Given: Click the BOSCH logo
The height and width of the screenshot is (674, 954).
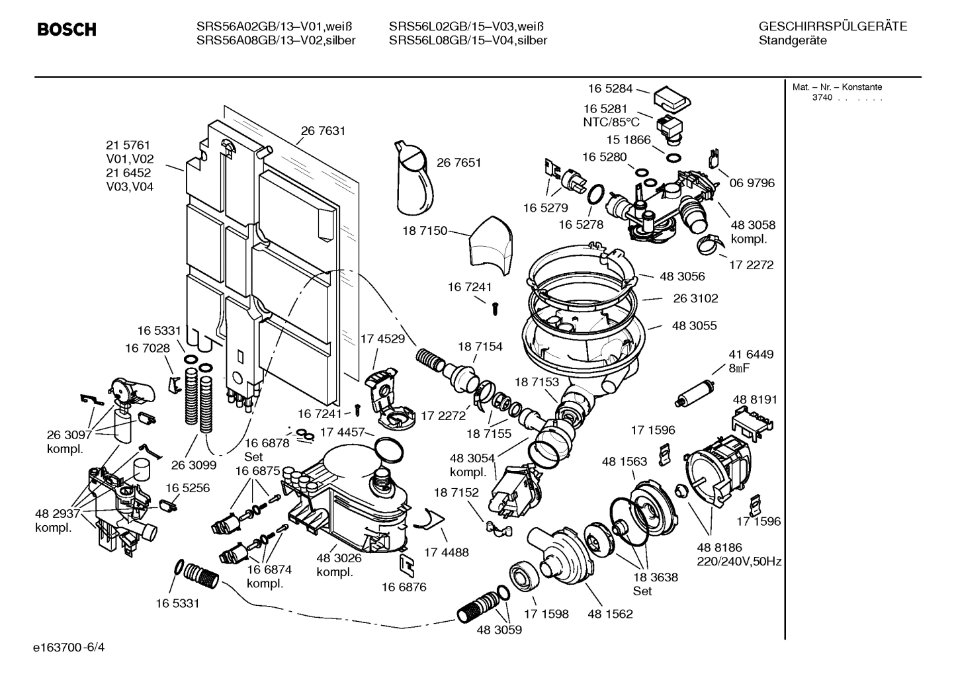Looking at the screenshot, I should coord(67,30).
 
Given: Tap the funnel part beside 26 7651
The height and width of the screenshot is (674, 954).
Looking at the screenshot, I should coord(413,175).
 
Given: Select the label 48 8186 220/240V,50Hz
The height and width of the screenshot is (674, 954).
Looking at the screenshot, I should coord(739,554).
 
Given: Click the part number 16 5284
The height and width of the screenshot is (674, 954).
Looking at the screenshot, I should coord(610,88).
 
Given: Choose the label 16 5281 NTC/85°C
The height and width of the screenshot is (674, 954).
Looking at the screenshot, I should coord(611,115).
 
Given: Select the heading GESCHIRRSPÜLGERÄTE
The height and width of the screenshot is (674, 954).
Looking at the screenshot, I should coord(832,26).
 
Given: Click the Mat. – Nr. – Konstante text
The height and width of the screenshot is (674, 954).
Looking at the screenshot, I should coord(837,87).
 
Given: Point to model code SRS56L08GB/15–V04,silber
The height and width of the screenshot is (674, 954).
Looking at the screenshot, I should coord(468,40).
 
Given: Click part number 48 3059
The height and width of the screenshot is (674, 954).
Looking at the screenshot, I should coord(499,630).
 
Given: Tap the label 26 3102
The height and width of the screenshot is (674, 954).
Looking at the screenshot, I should coord(695,298).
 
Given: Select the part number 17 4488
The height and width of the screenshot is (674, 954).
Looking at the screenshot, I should coord(446,552).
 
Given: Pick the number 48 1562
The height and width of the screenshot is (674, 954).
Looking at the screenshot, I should coord(610,614).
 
